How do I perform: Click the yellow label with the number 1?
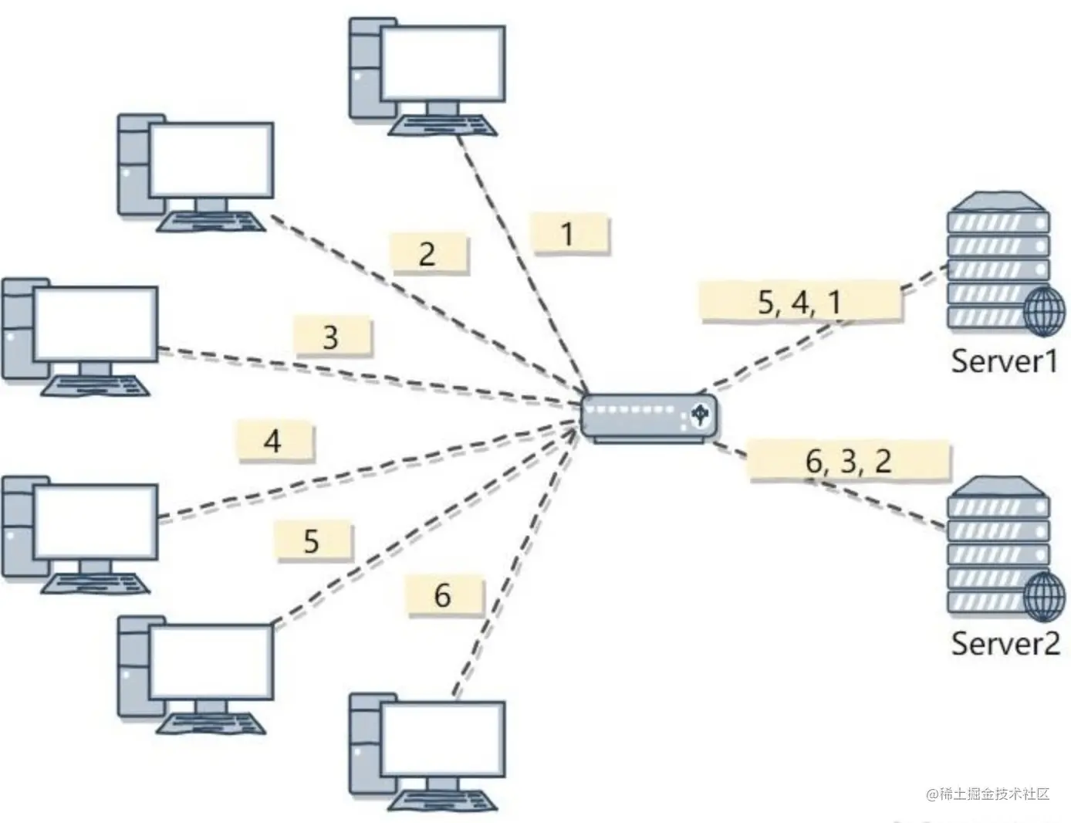pos(570,233)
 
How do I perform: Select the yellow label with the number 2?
pos(429,253)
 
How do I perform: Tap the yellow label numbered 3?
pos(333,337)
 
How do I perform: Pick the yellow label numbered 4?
pos(275,441)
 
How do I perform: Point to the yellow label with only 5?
pos(313,540)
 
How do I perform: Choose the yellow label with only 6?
pos(444,594)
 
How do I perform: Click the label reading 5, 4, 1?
pos(799,301)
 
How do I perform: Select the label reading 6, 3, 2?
pos(848,461)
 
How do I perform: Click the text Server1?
pos(1003,361)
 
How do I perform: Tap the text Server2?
pos(1005,642)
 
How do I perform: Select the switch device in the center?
pos(648,418)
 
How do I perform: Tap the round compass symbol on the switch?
pos(699,415)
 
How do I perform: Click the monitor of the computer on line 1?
pos(443,64)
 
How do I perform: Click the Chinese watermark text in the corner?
pos(987,794)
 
